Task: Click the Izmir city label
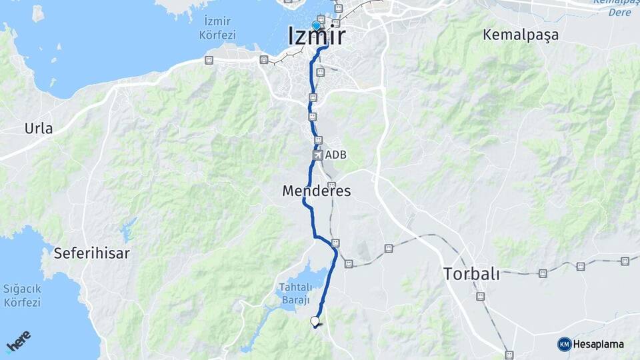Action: pyautogui.click(x=317, y=36)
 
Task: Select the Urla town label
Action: pyautogui.click(x=39, y=129)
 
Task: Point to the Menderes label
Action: pyautogui.click(x=317, y=191)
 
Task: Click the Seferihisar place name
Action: pyautogui.click(x=91, y=253)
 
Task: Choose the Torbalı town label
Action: pyautogui.click(x=471, y=273)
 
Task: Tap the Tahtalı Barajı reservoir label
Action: pyautogui.click(x=295, y=293)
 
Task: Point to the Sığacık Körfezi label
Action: pyautogui.click(x=22, y=295)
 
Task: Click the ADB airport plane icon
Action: pyautogui.click(x=317, y=155)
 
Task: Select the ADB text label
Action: pyautogui.click(x=336, y=155)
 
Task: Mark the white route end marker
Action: pyautogui.click(x=315, y=322)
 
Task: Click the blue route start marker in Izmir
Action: pyautogui.click(x=316, y=26)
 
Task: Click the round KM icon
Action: pyautogui.click(x=564, y=344)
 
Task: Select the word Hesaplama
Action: pyautogui.click(x=598, y=345)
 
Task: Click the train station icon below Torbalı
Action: pyautogui.click(x=480, y=296)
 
